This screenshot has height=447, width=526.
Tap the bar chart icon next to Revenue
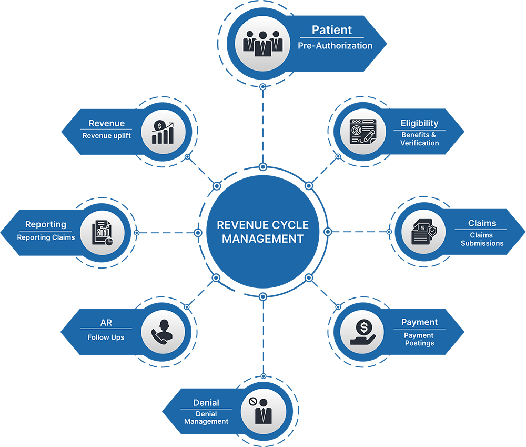coord(163,133)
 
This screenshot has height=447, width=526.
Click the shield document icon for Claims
coord(423,232)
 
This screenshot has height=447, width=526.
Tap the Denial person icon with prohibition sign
coord(263,411)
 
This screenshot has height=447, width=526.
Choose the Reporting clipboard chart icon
coord(102,232)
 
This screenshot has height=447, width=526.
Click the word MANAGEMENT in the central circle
coord(262,239)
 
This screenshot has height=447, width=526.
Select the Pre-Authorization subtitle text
coord(335,46)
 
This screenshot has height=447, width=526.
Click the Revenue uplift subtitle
coord(107,136)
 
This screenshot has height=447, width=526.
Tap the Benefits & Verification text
coord(419,139)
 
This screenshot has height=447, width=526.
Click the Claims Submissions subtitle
coord(482,239)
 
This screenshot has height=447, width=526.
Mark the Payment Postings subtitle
coord(419,339)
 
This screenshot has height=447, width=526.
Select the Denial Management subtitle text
coord(206,418)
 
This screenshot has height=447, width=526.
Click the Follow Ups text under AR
coord(106,337)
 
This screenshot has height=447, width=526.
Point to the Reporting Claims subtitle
coord(46,237)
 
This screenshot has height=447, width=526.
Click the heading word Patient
coord(332,30)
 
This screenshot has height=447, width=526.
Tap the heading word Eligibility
coord(419,123)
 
